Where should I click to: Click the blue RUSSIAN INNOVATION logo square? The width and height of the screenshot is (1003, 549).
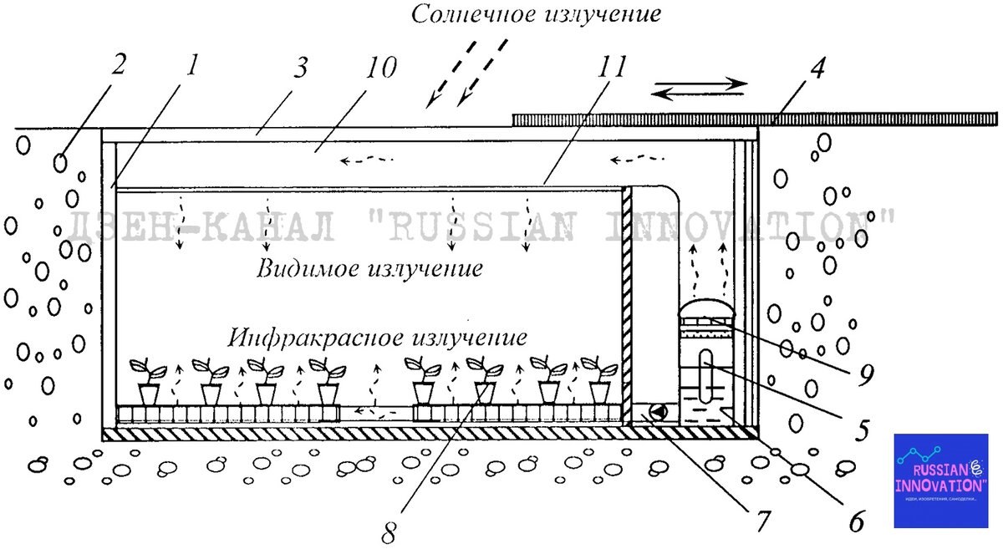pos(940,480)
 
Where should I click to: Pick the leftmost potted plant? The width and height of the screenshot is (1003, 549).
pos(149,380)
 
